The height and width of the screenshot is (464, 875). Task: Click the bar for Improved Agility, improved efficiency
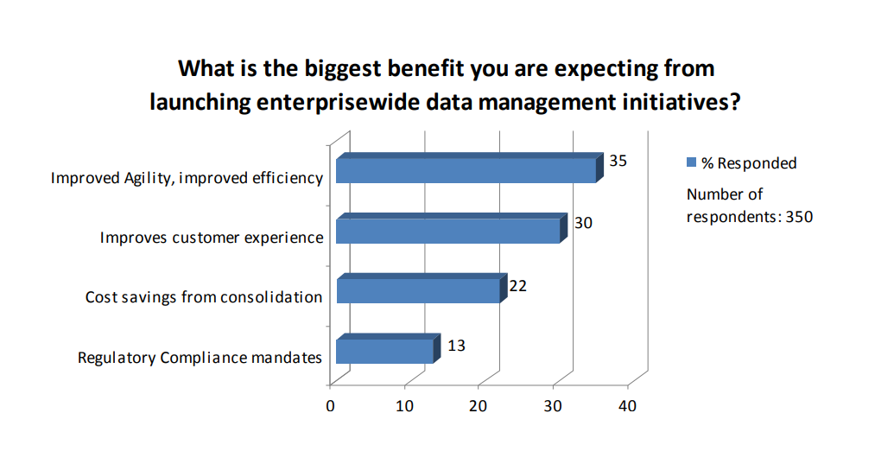470,168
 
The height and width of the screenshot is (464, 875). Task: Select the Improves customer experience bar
452,228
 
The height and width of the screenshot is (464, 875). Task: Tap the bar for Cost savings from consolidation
422,288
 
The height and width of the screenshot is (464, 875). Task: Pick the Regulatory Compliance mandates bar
389,348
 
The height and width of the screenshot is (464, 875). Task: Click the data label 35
618,161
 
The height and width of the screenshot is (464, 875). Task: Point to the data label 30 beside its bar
583,223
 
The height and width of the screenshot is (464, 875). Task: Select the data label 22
518,286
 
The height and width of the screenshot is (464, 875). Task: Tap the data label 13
456,346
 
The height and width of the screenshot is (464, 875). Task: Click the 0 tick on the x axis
330,406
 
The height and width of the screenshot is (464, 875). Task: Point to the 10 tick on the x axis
404,406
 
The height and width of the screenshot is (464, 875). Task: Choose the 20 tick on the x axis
479,406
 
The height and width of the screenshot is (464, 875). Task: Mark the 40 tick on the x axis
627,406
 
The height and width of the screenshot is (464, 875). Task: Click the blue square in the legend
691,162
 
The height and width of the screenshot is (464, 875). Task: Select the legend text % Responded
749,163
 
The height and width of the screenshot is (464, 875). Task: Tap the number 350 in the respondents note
799,217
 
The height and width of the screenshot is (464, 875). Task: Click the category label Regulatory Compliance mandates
200,358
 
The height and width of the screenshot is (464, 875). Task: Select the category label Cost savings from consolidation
204,297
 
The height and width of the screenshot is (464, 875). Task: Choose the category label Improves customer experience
212,238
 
